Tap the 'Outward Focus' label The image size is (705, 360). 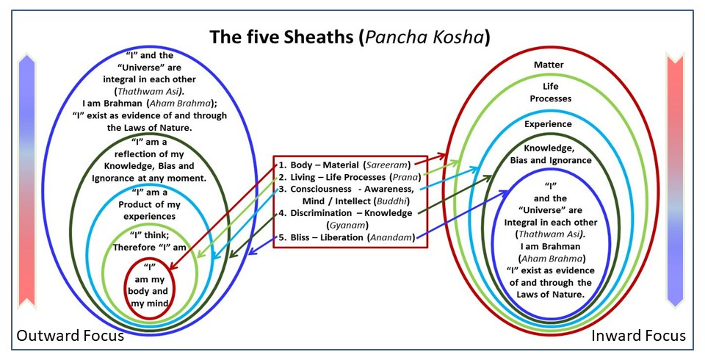[x=70, y=336]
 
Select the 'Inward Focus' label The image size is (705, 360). [x=638, y=336]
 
